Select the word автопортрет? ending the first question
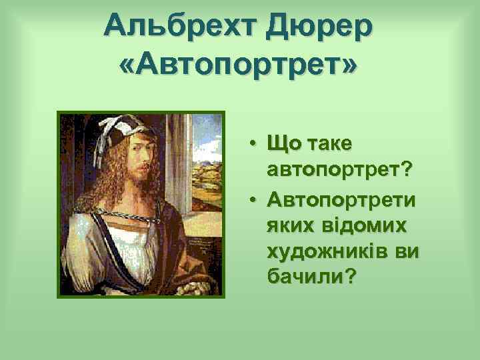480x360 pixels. [x=339, y=171]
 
